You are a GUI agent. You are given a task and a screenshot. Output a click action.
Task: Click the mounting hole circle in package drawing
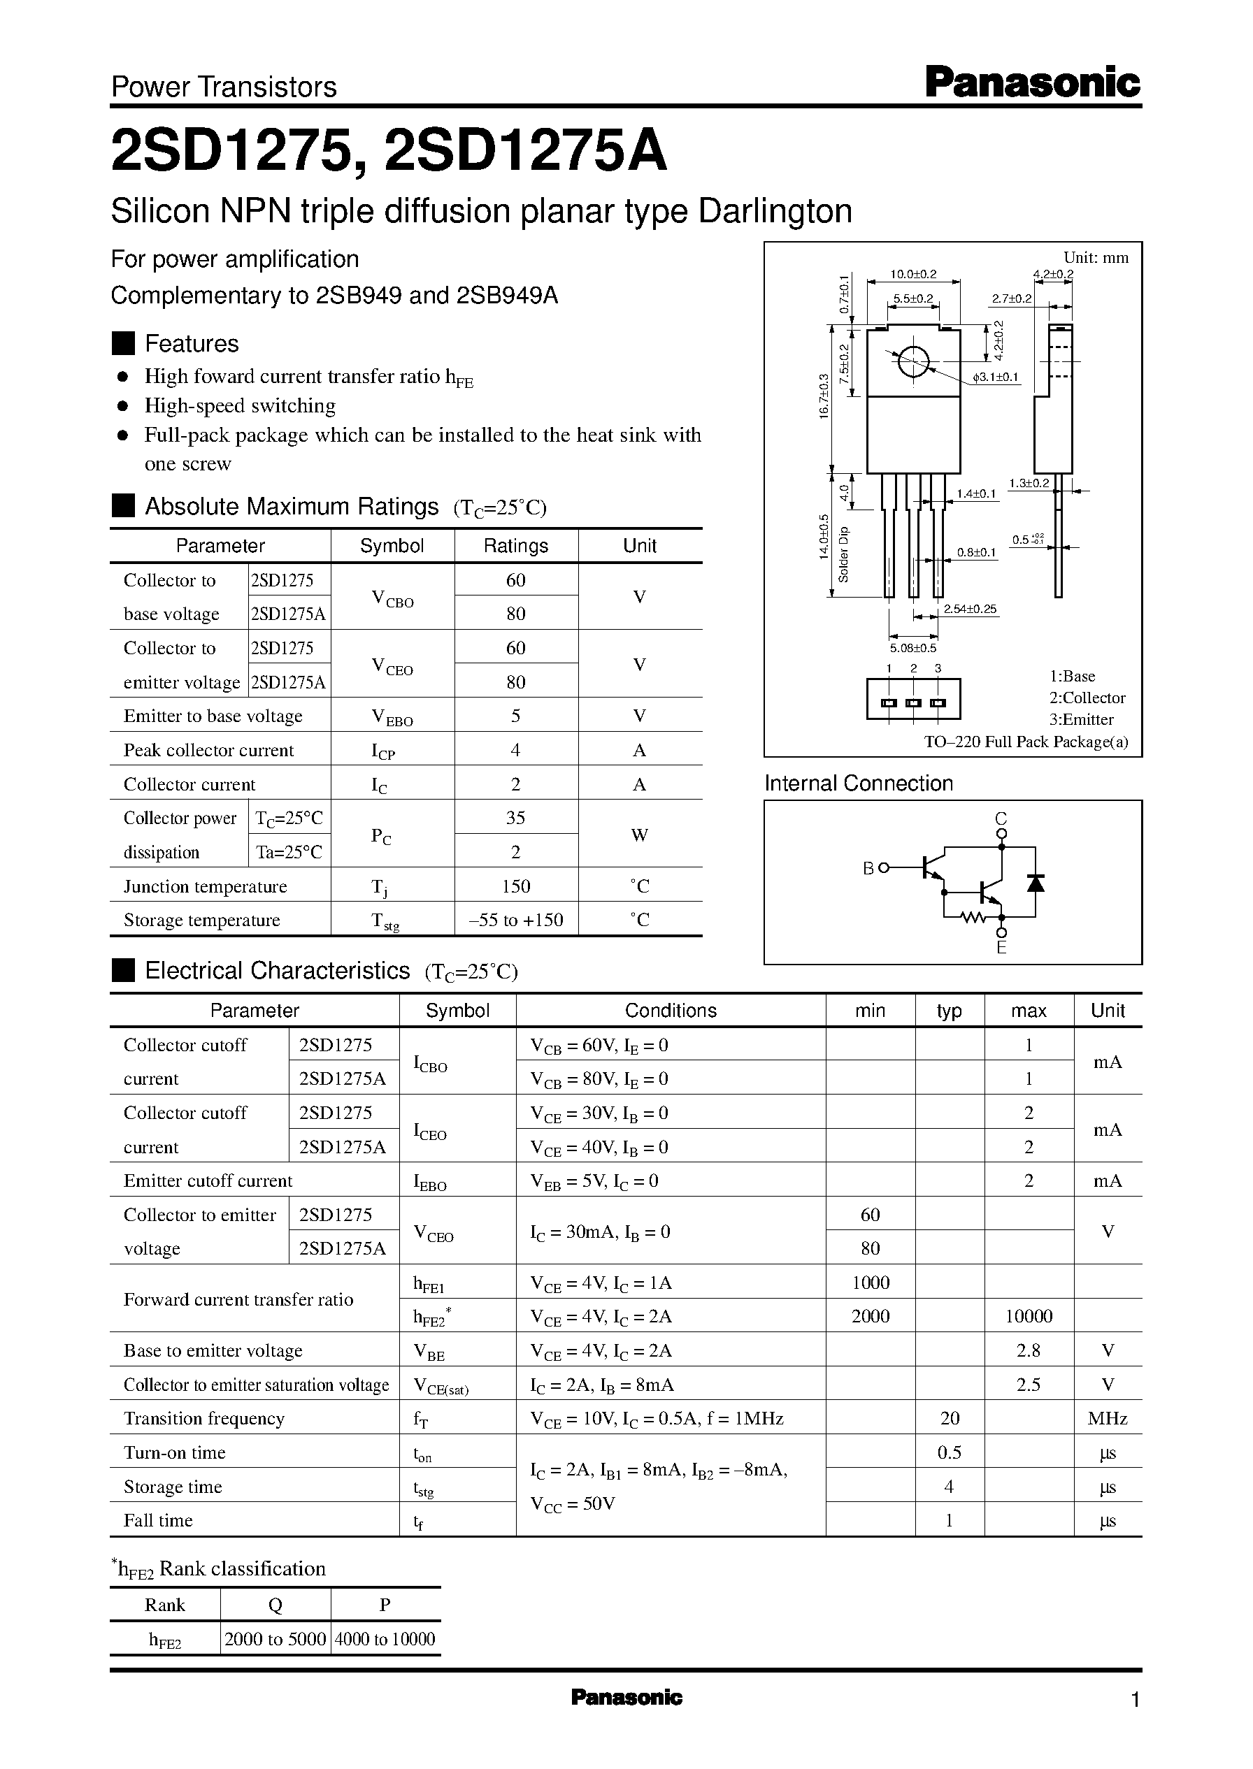click(913, 360)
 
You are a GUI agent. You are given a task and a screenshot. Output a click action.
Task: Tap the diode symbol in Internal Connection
click(1036, 883)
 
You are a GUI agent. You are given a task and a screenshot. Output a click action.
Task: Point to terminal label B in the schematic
click(868, 868)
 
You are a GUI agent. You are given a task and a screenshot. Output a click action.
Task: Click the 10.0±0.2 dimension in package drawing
click(912, 274)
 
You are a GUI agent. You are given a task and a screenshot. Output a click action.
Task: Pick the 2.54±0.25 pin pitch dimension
click(970, 609)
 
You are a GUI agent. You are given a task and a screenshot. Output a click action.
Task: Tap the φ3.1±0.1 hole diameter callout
click(995, 377)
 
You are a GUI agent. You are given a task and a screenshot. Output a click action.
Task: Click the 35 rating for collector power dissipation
click(515, 818)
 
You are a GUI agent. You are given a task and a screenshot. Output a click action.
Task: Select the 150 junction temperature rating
click(515, 886)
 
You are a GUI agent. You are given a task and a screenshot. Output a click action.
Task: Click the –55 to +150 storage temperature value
click(515, 920)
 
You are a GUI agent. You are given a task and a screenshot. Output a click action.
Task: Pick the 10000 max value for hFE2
click(1029, 1316)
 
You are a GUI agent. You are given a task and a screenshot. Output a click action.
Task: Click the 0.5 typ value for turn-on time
click(949, 1452)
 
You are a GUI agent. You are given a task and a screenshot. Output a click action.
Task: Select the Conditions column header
click(671, 1010)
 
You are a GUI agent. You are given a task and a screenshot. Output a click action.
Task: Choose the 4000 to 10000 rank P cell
click(385, 1639)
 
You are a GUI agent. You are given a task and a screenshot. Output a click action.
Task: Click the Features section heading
click(192, 344)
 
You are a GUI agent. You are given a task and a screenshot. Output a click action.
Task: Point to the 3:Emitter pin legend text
click(1081, 719)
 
